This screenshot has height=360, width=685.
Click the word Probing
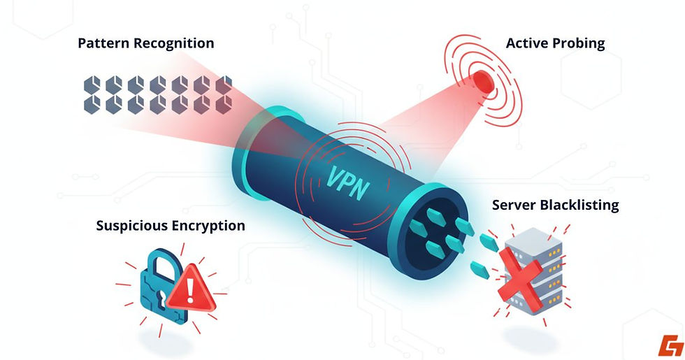579,43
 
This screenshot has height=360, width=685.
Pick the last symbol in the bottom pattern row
223,104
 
